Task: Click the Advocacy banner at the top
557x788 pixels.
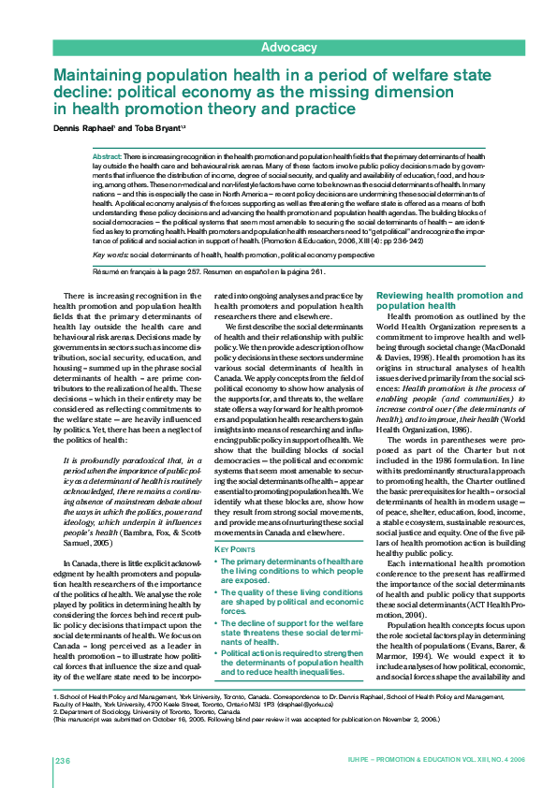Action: (x=288, y=47)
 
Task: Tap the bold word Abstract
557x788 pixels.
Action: (x=107, y=155)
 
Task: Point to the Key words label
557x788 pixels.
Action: (x=110, y=255)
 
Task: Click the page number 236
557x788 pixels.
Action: (x=63, y=759)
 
